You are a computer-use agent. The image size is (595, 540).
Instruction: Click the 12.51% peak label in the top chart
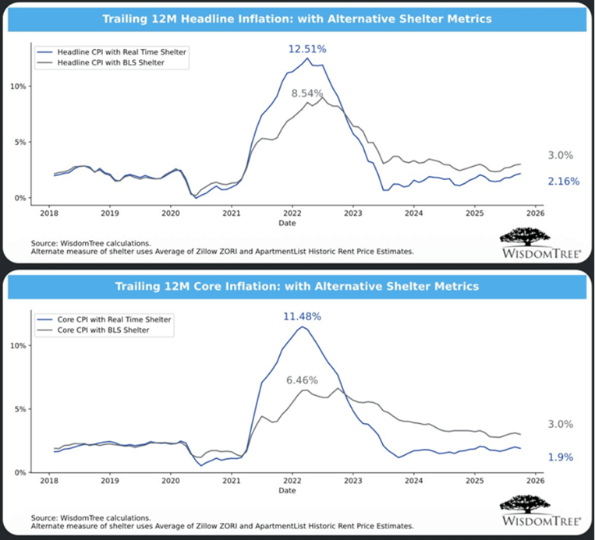click(x=307, y=48)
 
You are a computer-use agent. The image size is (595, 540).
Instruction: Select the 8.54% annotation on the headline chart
click(x=308, y=94)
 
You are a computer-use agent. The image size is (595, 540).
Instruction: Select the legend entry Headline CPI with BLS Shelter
click(x=111, y=62)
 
